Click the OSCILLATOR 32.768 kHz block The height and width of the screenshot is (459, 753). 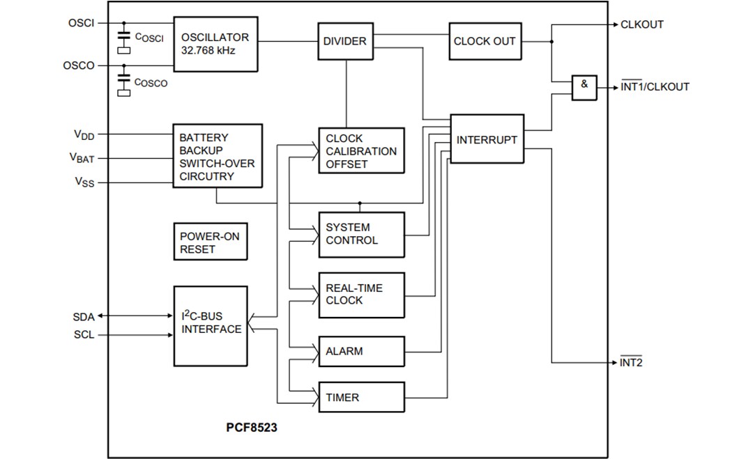pos(215,43)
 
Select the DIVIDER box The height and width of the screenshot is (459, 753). pos(344,41)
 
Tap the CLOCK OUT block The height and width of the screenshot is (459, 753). pos(485,41)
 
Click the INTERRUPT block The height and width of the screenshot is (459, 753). pos(487,139)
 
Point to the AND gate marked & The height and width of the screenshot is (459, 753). pos(584,87)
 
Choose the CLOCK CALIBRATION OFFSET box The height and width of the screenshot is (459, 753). pos(361,151)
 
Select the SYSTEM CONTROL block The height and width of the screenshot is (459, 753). pos(361,234)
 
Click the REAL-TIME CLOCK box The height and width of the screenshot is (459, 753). pos(361,295)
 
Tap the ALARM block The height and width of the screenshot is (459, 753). pos(361,351)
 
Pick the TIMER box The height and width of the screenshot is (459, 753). pos(361,398)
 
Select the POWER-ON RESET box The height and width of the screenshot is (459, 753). pos(209,242)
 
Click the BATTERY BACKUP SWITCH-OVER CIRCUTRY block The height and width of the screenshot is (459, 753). pos(217,157)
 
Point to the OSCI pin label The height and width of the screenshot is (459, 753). pos(81,23)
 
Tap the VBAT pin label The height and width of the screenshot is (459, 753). pos(82,159)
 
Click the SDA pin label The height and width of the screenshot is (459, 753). pos(83,317)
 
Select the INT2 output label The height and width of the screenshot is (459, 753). pos(631,363)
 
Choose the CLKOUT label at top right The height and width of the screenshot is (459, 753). pos(641,24)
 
